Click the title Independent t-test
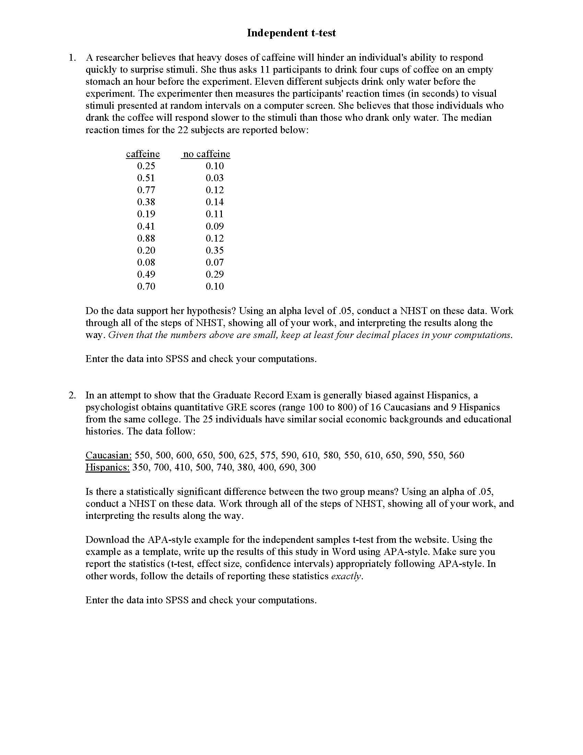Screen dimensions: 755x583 [x=291, y=33]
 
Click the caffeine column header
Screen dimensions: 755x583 [x=143, y=154]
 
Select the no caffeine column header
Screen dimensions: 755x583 [x=206, y=154]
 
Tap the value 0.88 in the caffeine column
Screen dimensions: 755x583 [x=146, y=238]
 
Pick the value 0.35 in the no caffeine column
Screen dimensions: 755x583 [x=214, y=250]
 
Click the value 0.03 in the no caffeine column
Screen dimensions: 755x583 [x=214, y=178]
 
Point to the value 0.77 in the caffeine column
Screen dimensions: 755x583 [x=146, y=190]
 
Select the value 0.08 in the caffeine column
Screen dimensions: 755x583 [x=146, y=262]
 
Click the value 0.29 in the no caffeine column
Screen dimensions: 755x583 [x=214, y=274]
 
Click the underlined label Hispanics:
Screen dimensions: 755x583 [x=107, y=467]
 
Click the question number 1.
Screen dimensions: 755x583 [x=72, y=57]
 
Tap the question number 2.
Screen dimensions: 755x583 [x=72, y=395]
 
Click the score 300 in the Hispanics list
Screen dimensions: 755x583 [x=308, y=467]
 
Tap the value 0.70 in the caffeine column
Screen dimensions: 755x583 [x=146, y=286]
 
